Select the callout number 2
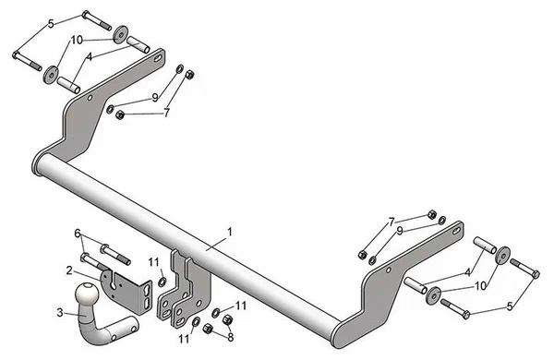tap(68, 270)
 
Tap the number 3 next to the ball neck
tap(61, 313)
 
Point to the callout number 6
tap(78, 233)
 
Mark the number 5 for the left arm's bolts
tap(51, 21)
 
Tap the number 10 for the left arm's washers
tap(77, 40)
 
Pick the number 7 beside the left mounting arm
tap(167, 113)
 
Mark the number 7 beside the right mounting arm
tap(391, 222)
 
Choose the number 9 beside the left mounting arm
tap(155, 97)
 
